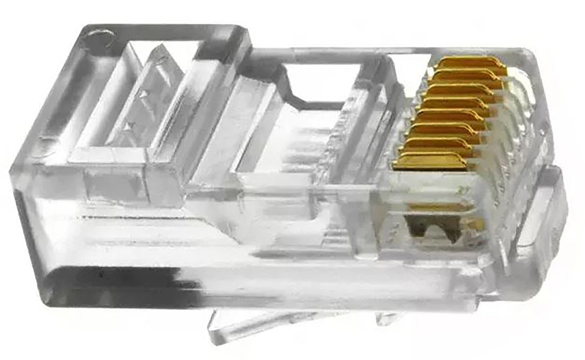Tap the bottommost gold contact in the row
[x=431, y=161]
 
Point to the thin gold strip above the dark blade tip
[x=439, y=207]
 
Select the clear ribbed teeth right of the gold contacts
[x=517, y=127]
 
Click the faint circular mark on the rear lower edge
[x=46, y=144]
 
